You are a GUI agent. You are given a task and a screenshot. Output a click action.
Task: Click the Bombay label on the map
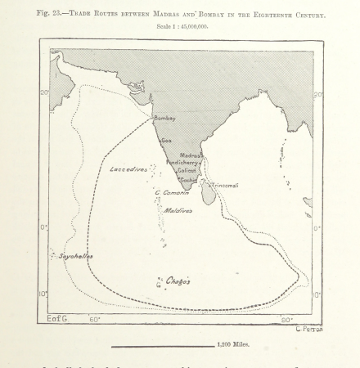pyautogui.click(x=165, y=119)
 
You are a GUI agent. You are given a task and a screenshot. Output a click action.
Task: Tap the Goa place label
pyautogui.click(x=167, y=140)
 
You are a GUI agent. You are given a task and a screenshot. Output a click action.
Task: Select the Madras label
pyautogui.click(x=191, y=155)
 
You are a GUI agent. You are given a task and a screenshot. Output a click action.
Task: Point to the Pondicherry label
pyautogui.click(x=183, y=162)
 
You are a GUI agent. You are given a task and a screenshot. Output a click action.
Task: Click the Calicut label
pyautogui.click(x=187, y=170)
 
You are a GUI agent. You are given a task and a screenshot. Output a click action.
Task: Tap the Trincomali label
pyautogui.click(x=225, y=186)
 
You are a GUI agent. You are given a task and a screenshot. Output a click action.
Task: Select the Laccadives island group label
pyautogui.click(x=128, y=169)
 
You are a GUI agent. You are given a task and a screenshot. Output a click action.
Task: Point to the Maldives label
pyautogui.click(x=178, y=210)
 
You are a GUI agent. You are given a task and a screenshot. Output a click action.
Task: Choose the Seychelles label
pyautogui.click(x=76, y=257)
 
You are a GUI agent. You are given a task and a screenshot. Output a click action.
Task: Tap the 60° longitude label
pyautogui.click(x=95, y=320)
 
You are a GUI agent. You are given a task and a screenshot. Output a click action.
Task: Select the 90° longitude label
pyautogui.click(x=287, y=320)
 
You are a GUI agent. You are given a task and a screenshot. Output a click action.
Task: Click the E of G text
pyautogui.click(x=58, y=319)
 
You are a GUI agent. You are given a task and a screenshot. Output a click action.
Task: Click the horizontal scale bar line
pyautogui.click(x=162, y=345)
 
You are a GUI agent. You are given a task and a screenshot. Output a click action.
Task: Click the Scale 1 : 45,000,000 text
pyautogui.click(x=179, y=28)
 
